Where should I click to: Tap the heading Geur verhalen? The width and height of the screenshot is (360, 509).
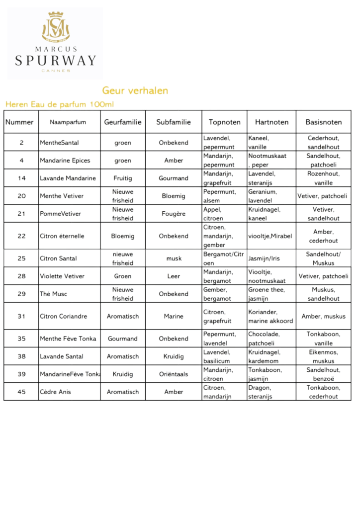click(135, 90)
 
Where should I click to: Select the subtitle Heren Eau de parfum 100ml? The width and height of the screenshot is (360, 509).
click(59, 104)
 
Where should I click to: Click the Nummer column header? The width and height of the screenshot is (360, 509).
click(19, 122)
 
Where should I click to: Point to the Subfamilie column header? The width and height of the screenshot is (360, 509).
click(174, 122)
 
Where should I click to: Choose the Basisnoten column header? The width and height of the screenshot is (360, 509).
click(323, 122)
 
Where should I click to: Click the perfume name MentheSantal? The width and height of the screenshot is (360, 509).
click(59, 143)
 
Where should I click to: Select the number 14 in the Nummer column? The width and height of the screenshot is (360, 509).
click(21, 178)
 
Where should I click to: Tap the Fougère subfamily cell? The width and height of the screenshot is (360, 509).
click(174, 214)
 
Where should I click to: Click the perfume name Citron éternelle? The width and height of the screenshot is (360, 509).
click(62, 236)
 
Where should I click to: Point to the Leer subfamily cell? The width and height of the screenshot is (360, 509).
click(174, 276)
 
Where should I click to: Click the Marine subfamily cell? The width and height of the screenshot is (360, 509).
click(174, 316)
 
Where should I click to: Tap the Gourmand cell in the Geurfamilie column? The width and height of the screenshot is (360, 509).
click(122, 339)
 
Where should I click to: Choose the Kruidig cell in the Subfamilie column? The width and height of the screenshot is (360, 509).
click(174, 356)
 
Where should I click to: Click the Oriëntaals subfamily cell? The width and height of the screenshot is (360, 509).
click(174, 374)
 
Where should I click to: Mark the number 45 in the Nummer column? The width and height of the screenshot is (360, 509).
click(21, 392)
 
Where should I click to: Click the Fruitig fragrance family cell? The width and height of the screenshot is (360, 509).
click(122, 178)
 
